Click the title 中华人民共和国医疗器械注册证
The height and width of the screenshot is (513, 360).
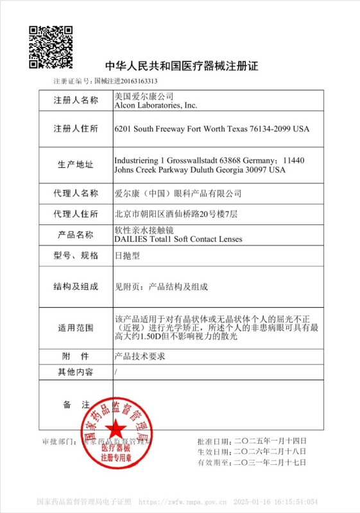pos(181,67)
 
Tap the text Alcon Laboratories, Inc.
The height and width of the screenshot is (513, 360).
pos(155,105)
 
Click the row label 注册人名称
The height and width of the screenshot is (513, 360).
pos(76,101)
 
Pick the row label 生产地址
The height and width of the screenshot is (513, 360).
pos(76,165)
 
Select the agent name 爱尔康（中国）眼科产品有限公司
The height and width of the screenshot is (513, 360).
pos(178,193)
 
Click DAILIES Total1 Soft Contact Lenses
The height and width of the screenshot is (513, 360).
pos(178,239)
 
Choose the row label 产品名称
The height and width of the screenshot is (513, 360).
pos(76,235)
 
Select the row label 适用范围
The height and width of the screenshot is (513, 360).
pos(76,328)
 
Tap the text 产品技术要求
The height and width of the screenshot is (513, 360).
pos(139,356)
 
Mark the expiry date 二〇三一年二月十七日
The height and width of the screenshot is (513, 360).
pos(270,462)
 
